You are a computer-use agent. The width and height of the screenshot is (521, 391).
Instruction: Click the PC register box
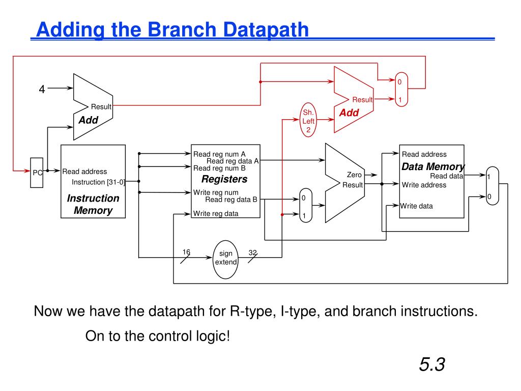pyautogui.click(x=37, y=172)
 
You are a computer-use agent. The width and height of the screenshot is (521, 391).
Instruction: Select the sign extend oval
pyautogui.click(x=225, y=258)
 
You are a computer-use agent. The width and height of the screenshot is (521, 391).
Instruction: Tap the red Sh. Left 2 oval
pyautogui.click(x=309, y=121)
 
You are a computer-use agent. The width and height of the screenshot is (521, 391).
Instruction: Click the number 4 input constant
pyautogui.click(x=42, y=89)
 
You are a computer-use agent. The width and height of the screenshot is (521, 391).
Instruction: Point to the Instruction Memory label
pyautogui.click(x=93, y=204)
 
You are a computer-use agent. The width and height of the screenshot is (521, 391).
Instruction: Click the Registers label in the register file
pyautogui.click(x=224, y=179)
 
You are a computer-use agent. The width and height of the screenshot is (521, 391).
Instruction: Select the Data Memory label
pyautogui.click(x=432, y=166)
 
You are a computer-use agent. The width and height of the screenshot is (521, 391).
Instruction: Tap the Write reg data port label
pyautogui.click(x=215, y=214)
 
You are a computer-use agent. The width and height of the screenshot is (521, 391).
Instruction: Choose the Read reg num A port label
pyautogui.click(x=219, y=154)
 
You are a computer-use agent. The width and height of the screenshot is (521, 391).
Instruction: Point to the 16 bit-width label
pyautogui.click(x=186, y=252)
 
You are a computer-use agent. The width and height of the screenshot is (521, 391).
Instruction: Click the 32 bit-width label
pyautogui.click(x=252, y=252)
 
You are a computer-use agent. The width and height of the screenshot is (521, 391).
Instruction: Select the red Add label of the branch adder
pyautogui.click(x=349, y=113)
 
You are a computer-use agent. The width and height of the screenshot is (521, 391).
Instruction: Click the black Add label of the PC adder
pyautogui.click(x=88, y=121)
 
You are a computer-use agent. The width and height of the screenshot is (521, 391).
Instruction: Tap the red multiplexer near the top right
pyautogui.click(x=400, y=91)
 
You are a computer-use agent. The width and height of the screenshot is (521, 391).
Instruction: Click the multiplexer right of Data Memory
pyautogui.click(x=492, y=186)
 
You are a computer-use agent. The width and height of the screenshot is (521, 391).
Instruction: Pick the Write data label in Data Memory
pyautogui.click(x=416, y=206)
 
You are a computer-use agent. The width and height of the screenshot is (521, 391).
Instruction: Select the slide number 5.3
pyautogui.click(x=432, y=365)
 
